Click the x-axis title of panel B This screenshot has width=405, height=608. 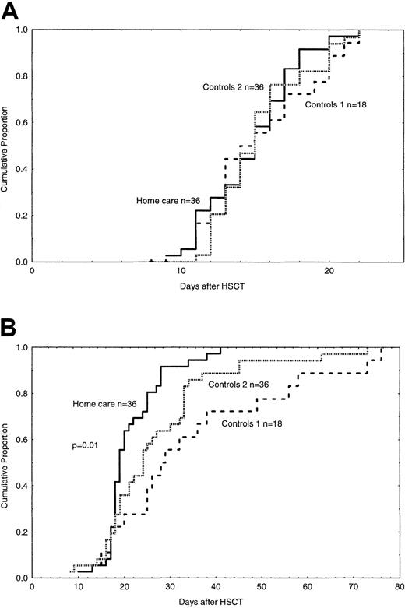(218, 605)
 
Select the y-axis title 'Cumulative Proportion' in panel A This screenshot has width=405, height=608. (7, 146)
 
